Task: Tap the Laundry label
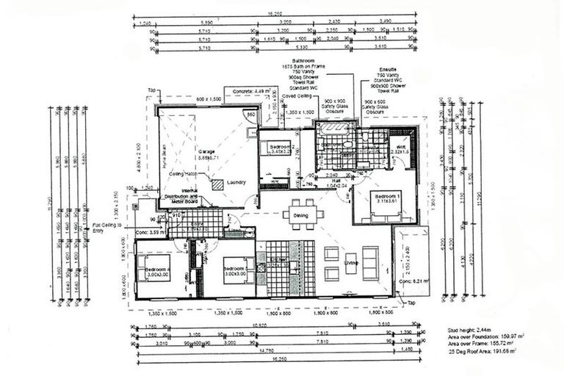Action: (236, 182)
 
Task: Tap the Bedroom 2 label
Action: (281, 145)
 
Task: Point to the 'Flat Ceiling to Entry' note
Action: (107, 228)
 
